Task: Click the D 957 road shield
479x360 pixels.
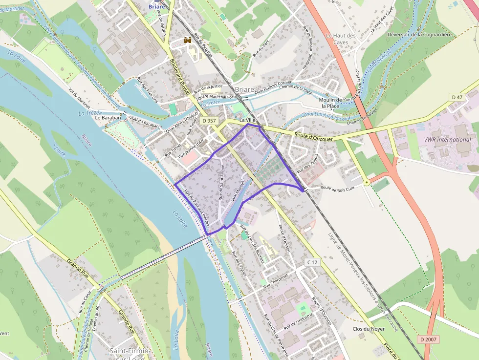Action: (209, 120)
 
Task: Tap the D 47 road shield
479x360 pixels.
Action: (457, 97)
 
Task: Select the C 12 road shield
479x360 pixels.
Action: (312, 262)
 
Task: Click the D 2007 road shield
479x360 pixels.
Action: (429, 339)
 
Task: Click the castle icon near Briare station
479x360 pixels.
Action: (186, 41)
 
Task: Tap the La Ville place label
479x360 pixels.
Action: (248, 120)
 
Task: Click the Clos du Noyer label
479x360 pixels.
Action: (369, 329)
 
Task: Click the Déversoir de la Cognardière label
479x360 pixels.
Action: (419, 34)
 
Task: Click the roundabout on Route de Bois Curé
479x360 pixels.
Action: (366, 182)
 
